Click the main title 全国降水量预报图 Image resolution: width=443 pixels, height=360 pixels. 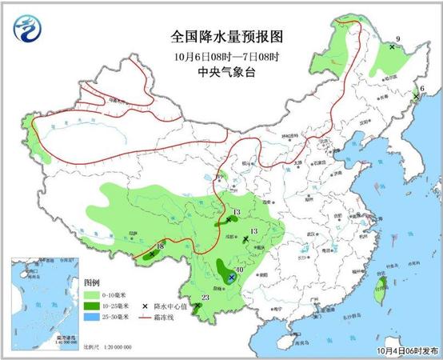pos(221,37)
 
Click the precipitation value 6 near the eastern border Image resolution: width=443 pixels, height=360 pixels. pos(422,88)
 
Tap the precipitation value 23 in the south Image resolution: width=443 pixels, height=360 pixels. pos(206,298)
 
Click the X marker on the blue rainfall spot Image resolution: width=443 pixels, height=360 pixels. pos(231,278)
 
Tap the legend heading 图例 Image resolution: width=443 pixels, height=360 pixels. pos(93,284)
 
